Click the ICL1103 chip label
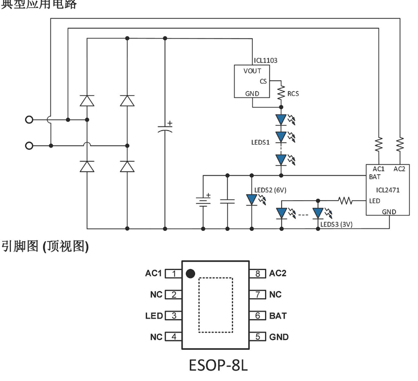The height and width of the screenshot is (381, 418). [265, 60]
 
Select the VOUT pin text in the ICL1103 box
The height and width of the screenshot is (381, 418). [252, 71]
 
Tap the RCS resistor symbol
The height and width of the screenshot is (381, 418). [281, 92]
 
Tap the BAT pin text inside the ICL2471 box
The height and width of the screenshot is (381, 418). [374, 176]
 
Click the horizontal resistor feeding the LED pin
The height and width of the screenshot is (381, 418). [344, 201]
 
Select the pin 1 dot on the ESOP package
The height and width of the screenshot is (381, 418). [190, 273]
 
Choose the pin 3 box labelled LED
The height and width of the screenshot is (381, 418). [174, 316]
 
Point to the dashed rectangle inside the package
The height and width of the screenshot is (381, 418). [215, 305]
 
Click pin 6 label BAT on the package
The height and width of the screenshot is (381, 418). [278, 316]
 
